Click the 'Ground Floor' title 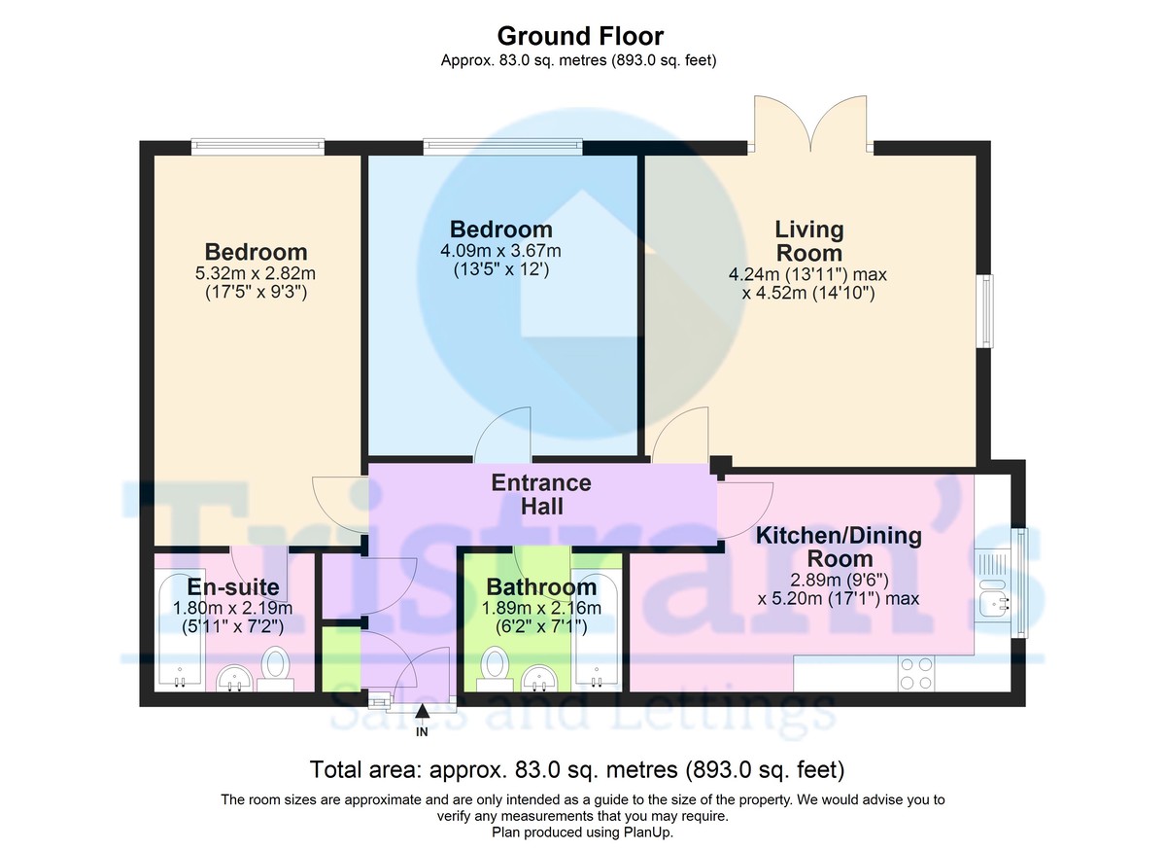point(580,36)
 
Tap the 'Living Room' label point(808,241)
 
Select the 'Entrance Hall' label point(540,494)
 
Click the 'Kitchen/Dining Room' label point(839,547)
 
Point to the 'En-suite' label point(233,586)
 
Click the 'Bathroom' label point(541,587)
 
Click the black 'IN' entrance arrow point(422,716)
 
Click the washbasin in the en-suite point(233,677)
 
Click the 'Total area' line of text point(576,770)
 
